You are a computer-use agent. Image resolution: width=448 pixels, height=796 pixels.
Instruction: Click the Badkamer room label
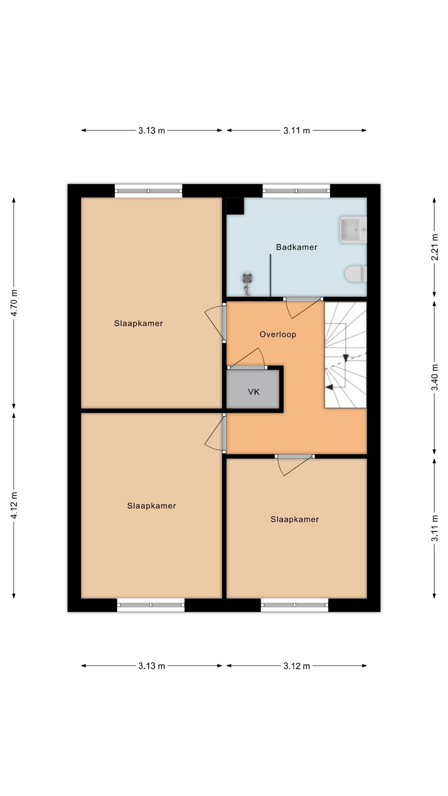point(297,247)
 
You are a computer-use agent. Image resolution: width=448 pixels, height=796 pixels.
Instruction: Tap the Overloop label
point(278,335)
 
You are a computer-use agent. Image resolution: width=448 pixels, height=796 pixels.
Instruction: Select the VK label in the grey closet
point(254,392)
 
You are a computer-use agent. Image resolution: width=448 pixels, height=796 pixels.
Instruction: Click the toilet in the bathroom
point(356,274)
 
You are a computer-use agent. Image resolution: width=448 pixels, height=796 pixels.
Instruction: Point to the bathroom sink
point(353,229)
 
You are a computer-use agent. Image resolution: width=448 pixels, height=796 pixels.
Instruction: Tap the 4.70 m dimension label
point(14,303)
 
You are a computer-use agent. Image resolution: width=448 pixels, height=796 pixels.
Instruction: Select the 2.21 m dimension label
point(434,248)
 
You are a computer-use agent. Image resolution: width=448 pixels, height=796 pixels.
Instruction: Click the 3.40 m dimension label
point(434,377)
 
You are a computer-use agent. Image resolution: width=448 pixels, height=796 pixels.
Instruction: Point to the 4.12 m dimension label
point(14,505)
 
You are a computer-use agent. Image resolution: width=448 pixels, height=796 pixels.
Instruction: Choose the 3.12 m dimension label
point(297,666)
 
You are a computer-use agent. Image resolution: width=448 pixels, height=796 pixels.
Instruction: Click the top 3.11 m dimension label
point(297,131)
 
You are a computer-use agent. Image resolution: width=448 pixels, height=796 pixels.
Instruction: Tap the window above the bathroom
point(296,191)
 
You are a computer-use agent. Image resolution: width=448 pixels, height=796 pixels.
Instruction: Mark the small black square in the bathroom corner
point(235,206)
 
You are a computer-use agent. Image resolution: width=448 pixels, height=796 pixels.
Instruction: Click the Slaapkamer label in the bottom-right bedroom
point(295,519)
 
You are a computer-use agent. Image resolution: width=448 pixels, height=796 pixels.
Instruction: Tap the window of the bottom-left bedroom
point(151,605)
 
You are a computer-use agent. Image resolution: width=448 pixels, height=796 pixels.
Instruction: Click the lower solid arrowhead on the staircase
point(329,387)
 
